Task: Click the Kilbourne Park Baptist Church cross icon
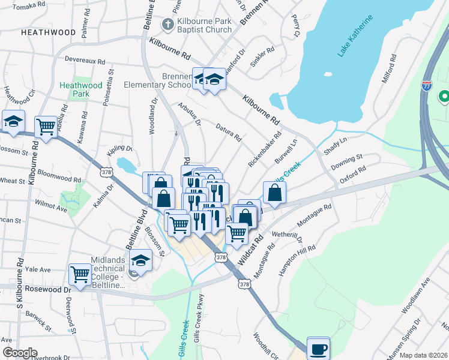[x=167, y=24]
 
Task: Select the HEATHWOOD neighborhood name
[x=49, y=32]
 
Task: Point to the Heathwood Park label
[x=74, y=89]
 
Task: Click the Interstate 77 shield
[x=427, y=86]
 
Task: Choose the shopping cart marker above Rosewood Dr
[x=80, y=274]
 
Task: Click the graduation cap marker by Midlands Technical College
[x=140, y=259]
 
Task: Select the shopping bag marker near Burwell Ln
[x=274, y=192]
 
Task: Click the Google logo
[x=20, y=353]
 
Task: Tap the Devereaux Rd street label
[x=85, y=61]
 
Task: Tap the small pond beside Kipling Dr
[x=125, y=164]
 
